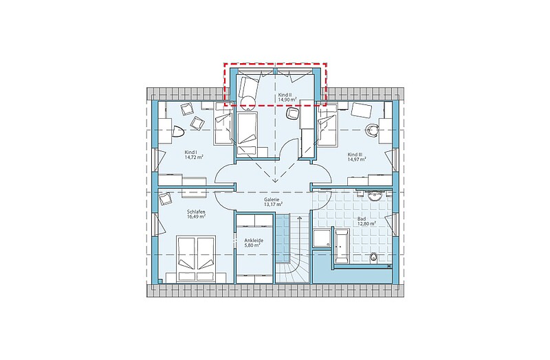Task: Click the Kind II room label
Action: click(x=285, y=95)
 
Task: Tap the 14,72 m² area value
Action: click(x=194, y=157)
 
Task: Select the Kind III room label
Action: click(x=355, y=155)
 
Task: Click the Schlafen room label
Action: click(x=196, y=212)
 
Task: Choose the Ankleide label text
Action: click(x=254, y=241)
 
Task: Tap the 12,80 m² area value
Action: click(x=366, y=223)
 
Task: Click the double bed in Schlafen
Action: click(x=196, y=258)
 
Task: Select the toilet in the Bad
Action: click(x=373, y=258)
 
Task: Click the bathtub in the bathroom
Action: click(x=342, y=246)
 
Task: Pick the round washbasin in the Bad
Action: click(x=375, y=195)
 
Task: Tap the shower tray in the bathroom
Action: click(x=321, y=238)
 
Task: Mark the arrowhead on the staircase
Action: click(x=300, y=218)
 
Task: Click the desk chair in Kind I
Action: click(x=178, y=131)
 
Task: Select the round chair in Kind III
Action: click(x=371, y=130)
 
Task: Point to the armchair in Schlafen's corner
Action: click(x=165, y=199)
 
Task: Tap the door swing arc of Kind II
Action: click(x=285, y=146)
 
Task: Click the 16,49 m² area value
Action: click(x=196, y=216)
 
